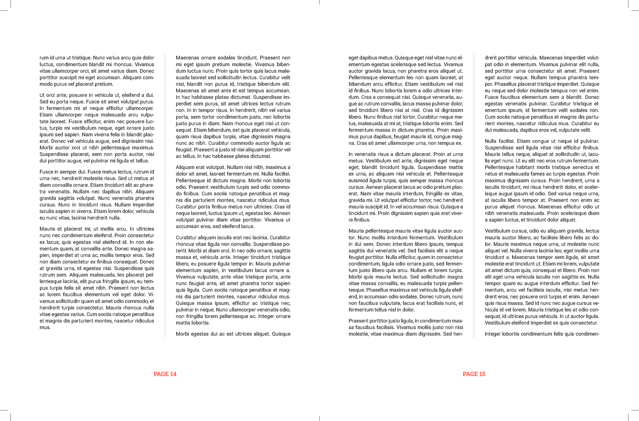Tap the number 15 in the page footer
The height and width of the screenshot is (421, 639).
(482, 374)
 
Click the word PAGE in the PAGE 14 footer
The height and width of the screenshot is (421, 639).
(161, 374)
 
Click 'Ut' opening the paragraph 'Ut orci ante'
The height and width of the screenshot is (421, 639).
(42, 95)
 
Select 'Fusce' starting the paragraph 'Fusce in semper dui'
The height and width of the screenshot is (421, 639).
(46, 172)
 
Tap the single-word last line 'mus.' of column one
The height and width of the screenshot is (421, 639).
(45, 327)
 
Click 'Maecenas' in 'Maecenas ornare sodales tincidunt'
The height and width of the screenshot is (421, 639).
(186, 58)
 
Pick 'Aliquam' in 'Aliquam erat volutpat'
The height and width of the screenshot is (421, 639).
(185, 167)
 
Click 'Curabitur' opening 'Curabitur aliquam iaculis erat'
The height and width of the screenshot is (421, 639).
(187, 238)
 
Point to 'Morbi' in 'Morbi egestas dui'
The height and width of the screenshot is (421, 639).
(182, 334)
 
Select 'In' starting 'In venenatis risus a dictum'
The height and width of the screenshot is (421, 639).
(350, 154)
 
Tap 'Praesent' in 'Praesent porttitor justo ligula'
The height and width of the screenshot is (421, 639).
(358, 321)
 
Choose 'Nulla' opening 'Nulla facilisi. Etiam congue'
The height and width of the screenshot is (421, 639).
(491, 141)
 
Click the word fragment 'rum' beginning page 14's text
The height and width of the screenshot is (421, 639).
(44, 58)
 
